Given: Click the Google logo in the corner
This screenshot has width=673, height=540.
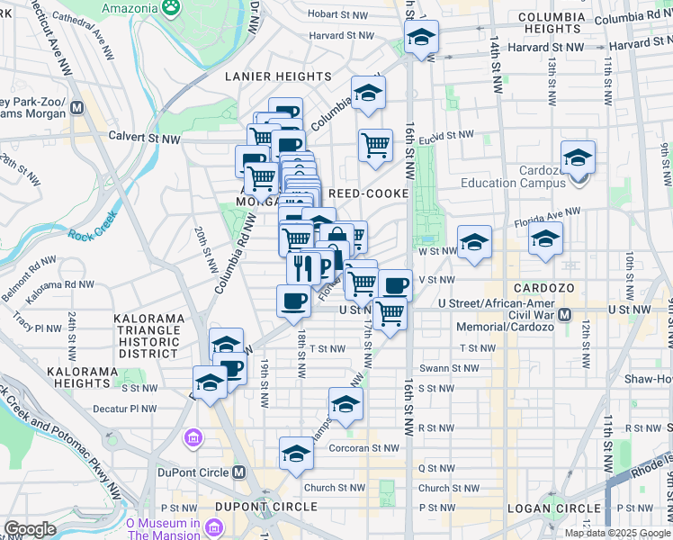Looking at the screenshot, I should (30, 529).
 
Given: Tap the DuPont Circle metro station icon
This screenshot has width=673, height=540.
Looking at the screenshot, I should (238, 472).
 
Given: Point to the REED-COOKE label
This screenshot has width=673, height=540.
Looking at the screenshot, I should (369, 193).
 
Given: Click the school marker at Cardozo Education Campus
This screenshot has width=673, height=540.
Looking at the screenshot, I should (578, 158).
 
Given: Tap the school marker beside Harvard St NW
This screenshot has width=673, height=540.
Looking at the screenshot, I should (420, 38).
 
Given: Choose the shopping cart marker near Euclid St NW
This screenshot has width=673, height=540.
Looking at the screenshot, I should (375, 146).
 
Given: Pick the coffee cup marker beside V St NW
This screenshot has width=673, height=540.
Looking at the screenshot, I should (395, 286).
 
